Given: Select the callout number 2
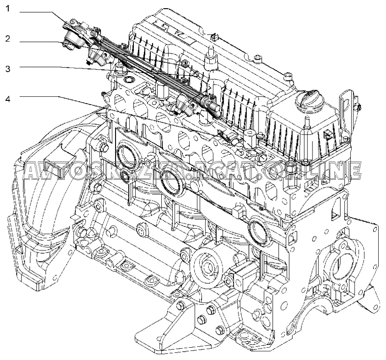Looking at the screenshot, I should pyautogui.click(x=8, y=39).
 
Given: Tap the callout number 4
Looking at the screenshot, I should pyautogui.click(x=8, y=97).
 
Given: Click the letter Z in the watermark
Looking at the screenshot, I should pyautogui.click(x=135, y=170).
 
